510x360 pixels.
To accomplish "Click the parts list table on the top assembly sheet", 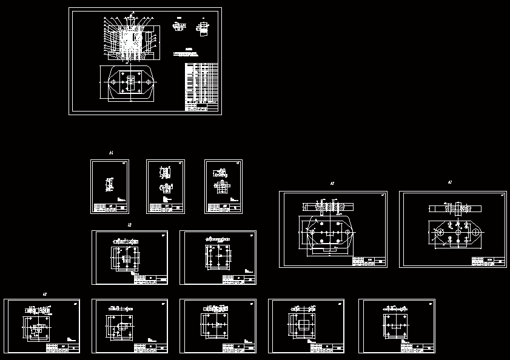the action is coord(201,86).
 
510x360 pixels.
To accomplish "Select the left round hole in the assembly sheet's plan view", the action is coord(113,81).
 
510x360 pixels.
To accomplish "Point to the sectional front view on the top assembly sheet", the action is coord(130,38).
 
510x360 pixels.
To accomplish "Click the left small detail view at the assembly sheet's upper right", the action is coord(177,27).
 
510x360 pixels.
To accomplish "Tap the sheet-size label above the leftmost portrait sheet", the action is coord(111,153).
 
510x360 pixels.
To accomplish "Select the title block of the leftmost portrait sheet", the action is coord(110,208).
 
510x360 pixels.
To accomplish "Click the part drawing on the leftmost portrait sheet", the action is coord(110,184).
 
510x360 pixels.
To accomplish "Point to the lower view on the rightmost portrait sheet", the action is coord(223,187).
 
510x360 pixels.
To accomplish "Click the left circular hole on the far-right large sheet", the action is coord(441,232).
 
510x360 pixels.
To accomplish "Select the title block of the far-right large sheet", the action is coord(488,261).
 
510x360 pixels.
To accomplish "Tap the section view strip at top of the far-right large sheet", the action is coord(455,208).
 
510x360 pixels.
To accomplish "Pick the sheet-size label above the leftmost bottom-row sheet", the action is coord(44,294).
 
